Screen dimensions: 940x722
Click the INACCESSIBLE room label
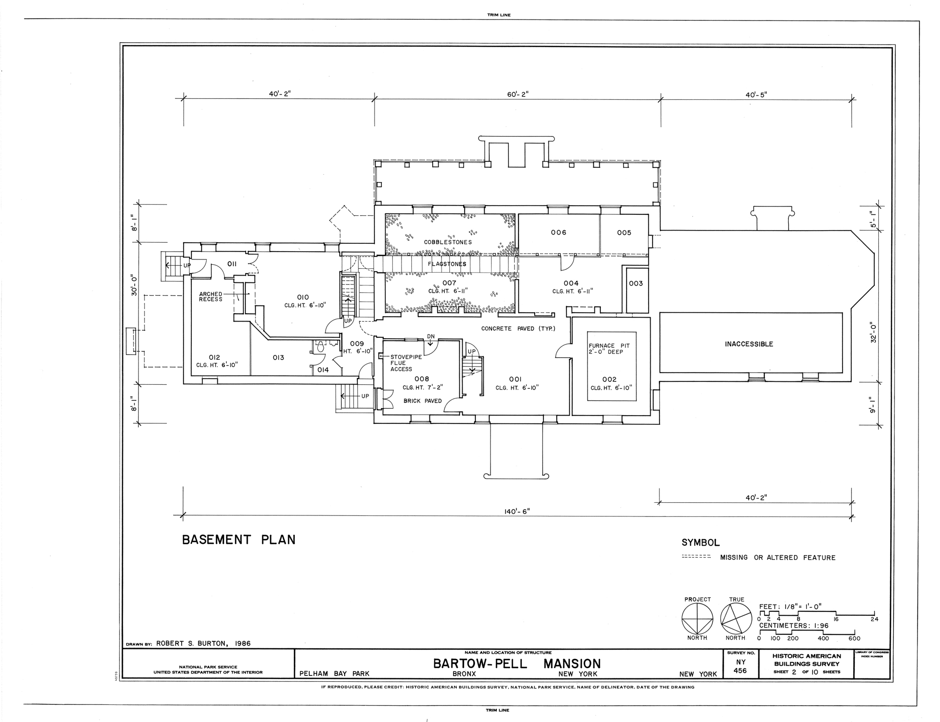point(749,344)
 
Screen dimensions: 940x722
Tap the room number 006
point(559,233)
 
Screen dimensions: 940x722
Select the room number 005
point(624,233)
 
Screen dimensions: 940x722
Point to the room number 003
point(636,283)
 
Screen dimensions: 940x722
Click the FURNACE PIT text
point(609,346)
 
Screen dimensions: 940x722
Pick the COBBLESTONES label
point(448,242)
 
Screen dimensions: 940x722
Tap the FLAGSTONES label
point(447,264)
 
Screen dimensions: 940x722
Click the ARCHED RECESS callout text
point(211,297)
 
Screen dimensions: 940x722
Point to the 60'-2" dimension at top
point(517,94)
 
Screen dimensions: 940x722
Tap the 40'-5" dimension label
point(756,95)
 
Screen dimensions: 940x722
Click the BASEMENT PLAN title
point(239,539)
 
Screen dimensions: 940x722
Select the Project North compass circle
point(697,618)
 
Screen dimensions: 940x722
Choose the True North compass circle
point(736,618)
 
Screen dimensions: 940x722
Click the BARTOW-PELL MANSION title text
point(517,664)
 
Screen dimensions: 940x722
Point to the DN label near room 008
point(431,336)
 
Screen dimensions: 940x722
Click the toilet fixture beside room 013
point(321,348)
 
